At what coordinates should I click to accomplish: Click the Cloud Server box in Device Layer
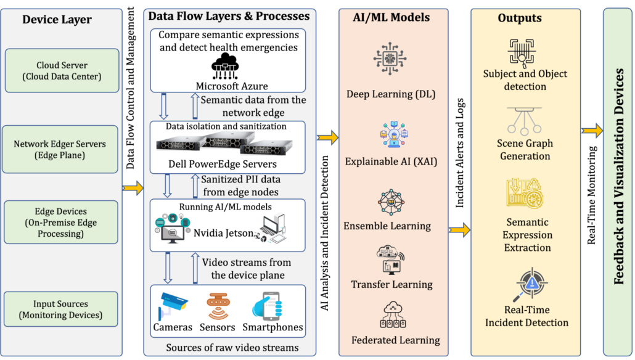(x=61, y=71)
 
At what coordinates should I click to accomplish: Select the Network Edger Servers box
(x=61, y=150)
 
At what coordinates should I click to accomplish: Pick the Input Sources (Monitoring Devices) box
(x=61, y=309)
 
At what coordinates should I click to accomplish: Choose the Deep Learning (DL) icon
(x=390, y=60)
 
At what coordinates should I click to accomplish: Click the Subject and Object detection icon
(x=524, y=52)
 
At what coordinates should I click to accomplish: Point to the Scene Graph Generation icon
(x=525, y=121)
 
